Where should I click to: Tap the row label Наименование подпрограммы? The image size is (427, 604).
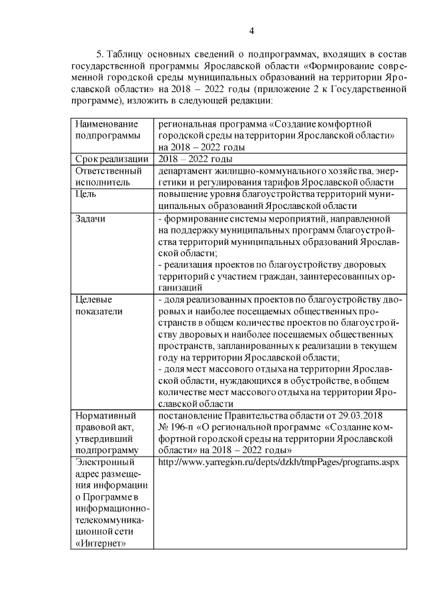(106, 130)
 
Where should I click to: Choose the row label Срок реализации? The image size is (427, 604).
(111, 158)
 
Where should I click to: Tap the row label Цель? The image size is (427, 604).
(84, 194)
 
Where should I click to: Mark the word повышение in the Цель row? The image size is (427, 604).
(182, 194)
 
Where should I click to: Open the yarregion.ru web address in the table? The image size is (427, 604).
(278, 462)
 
